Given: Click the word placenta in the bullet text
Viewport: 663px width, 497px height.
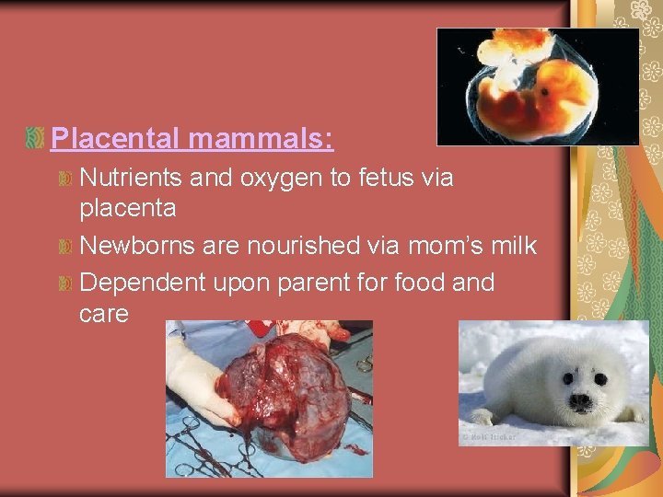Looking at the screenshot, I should tap(128, 209).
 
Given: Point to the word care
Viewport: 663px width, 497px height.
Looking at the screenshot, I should tap(104, 314).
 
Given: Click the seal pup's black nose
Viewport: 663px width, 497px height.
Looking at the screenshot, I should tap(580, 401).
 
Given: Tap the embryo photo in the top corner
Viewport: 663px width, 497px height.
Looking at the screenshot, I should tap(537, 87).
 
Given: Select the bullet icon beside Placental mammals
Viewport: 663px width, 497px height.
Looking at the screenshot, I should tap(36, 139).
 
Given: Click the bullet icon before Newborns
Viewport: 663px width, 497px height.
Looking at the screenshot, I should tap(65, 248).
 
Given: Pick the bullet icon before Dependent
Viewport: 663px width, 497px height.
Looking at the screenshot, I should tap(65, 283).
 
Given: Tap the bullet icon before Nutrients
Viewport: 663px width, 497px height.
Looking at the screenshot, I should tap(65, 178).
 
